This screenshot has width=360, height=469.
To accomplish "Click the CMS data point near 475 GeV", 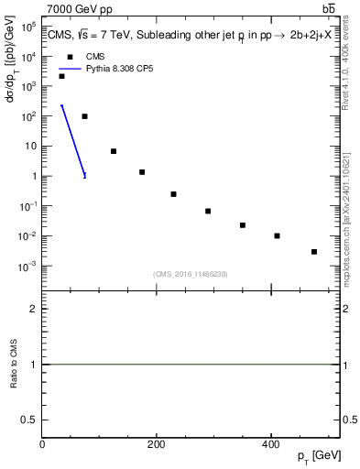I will [x=314, y=251].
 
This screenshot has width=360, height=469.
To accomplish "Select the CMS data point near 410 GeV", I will [x=277, y=235].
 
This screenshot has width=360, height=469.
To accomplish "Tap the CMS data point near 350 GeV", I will [x=243, y=224].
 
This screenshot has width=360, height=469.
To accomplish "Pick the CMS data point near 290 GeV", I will [x=208, y=211].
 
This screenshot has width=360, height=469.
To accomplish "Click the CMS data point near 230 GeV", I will [x=173, y=194].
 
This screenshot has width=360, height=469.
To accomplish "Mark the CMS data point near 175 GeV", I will [x=142, y=172].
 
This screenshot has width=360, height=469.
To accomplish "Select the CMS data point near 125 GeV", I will [x=114, y=151].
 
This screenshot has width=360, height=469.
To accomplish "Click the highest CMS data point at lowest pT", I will [x=61, y=76].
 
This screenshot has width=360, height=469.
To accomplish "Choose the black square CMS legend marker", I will [x=70, y=57].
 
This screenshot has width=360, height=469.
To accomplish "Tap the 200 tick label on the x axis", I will [x=157, y=444].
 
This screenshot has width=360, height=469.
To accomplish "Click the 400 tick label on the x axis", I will [x=270, y=444].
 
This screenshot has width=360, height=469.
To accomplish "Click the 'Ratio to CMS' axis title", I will [x=15, y=365].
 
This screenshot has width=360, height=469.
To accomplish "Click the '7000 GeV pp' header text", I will [x=80, y=8].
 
